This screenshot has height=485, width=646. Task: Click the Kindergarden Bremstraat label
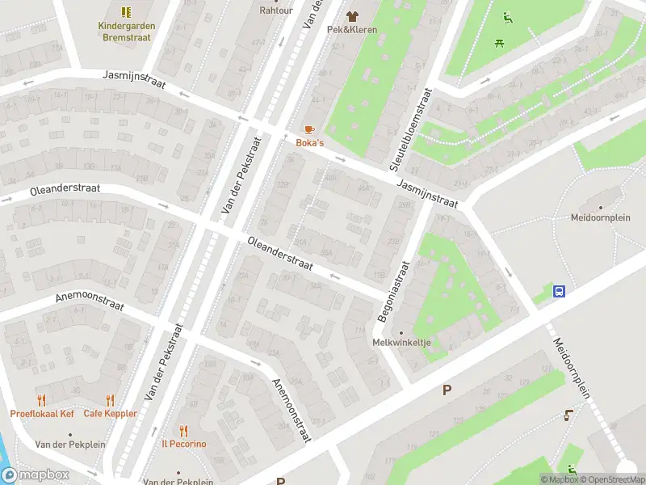126,31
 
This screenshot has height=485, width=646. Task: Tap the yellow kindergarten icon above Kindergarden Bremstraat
126,12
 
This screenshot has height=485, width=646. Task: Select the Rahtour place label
276,11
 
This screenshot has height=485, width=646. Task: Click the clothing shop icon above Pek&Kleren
352,15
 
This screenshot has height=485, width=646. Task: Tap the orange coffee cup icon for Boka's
308,129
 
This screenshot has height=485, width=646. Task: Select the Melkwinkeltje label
401,343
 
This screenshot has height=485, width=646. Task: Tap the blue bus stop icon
558,291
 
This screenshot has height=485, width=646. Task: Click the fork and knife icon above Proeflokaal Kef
42,400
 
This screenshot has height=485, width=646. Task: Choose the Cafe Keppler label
110,414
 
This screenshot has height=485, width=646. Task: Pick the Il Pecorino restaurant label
183,444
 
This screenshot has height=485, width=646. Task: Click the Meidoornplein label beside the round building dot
600,217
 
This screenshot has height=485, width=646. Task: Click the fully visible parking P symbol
446,390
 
